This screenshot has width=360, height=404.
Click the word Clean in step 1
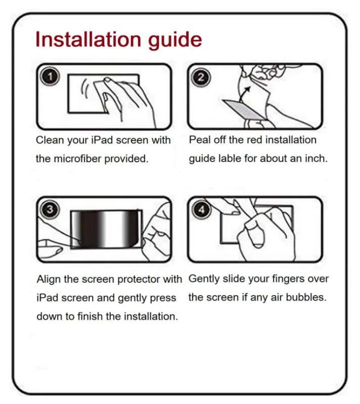[x=50, y=140]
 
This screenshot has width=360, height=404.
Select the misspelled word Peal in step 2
[x=199, y=140]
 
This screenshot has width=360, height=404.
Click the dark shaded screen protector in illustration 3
[x=104, y=228]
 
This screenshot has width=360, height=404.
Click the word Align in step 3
[x=49, y=280]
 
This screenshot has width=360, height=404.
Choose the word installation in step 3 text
[x=151, y=317]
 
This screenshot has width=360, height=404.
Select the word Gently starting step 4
[x=203, y=279]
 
